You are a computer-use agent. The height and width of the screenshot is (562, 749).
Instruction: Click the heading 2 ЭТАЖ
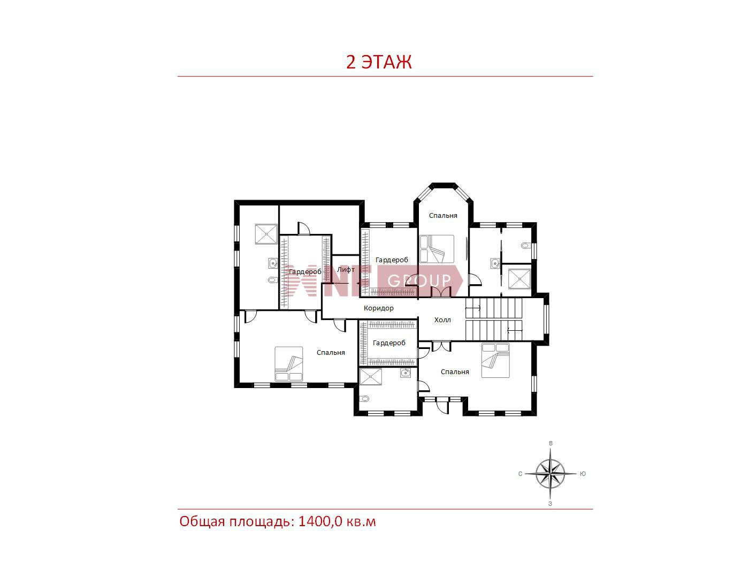(379, 62)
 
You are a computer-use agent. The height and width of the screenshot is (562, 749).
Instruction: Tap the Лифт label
(346, 270)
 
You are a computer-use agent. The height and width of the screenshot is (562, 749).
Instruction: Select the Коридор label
(378, 308)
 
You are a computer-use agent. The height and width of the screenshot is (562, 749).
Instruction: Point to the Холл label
(442, 320)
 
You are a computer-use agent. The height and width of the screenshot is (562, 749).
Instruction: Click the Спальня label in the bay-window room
(443, 216)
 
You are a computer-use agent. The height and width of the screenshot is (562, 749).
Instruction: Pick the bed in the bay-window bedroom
(437, 249)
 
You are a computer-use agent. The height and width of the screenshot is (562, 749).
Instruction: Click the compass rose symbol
(550, 474)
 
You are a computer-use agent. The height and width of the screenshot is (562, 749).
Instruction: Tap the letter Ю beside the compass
(583, 474)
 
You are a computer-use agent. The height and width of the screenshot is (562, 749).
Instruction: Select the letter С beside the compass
(520, 474)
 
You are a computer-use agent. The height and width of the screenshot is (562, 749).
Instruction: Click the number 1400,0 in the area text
(320, 522)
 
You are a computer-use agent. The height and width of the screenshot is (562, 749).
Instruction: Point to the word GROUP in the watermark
(419, 280)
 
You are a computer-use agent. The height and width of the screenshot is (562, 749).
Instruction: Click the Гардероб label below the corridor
(389, 343)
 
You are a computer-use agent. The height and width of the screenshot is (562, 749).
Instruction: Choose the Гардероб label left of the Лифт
(305, 272)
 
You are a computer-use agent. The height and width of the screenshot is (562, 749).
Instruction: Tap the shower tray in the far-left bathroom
(266, 234)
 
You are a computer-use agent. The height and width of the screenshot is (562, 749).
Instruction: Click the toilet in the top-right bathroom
(526, 245)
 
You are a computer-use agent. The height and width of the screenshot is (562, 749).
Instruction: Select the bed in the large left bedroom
(289, 364)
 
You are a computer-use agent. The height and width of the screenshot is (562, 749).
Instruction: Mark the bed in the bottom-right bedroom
(495, 360)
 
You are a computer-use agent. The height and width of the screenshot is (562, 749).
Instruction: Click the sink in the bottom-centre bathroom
(406, 373)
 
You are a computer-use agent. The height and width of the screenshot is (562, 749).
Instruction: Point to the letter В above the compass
(551, 443)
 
